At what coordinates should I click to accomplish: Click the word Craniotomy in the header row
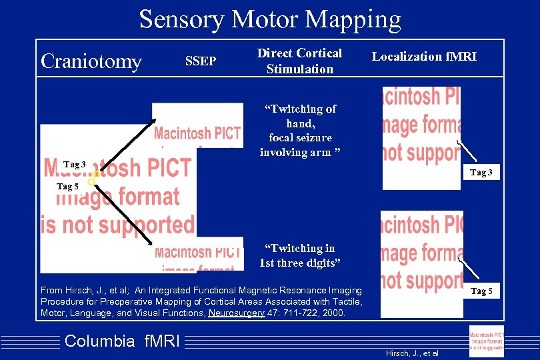(91, 61)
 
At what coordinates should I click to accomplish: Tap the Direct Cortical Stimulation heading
(299, 61)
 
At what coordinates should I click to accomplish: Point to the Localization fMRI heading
(424, 57)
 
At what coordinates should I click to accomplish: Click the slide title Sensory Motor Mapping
(270, 19)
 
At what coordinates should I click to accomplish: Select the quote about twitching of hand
(300, 130)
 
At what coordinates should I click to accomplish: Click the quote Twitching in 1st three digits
(300, 255)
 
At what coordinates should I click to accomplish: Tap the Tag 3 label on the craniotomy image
(74, 165)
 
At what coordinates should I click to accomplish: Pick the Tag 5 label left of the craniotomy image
(68, 187)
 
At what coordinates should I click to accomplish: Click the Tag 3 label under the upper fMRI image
(481, 173)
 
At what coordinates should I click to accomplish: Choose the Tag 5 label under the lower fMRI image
(482, 291)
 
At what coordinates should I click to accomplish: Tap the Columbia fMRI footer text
(122, 341)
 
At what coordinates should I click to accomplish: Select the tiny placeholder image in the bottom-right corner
(486, 341)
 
